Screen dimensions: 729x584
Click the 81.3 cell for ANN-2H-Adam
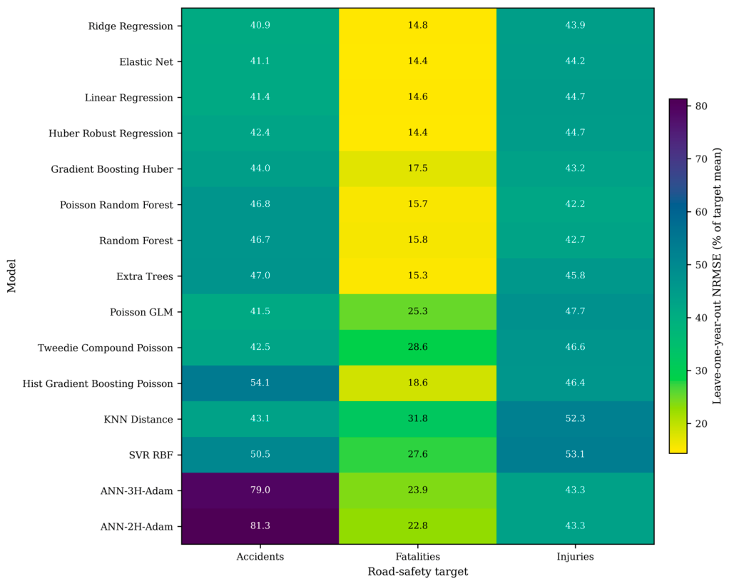click(x=260, y=526)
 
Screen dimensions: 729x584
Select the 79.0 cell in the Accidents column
click(x=260, y=490)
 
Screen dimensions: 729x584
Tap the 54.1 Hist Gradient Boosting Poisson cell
click(x=260, y=383)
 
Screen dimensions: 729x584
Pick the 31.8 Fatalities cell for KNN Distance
click(x=417, y=419)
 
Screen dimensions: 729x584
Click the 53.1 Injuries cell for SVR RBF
click(x=575, y=455)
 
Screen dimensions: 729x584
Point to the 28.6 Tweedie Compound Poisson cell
click(x=417, y=347)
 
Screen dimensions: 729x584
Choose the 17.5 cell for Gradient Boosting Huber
click(x=417, y=168)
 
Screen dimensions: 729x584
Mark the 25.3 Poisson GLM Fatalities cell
click(x=417, y=311)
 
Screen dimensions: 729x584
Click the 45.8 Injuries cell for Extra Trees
click(x=575, y=276)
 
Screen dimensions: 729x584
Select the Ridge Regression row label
click(x=131, y=26)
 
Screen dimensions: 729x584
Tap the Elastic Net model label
click(x=146, y=62)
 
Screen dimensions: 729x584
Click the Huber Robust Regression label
click(x=111, y=134)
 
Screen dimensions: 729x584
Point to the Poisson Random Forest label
click(x=116, y=205)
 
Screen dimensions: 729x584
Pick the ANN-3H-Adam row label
click(x=137, y=490)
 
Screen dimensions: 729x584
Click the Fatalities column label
click(x=417, y=557)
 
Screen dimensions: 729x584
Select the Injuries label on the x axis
click(x=575, y=557)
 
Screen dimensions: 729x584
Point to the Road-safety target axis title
click(x=417, y=571)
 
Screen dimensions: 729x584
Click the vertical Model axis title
click(x=11, y=276)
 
